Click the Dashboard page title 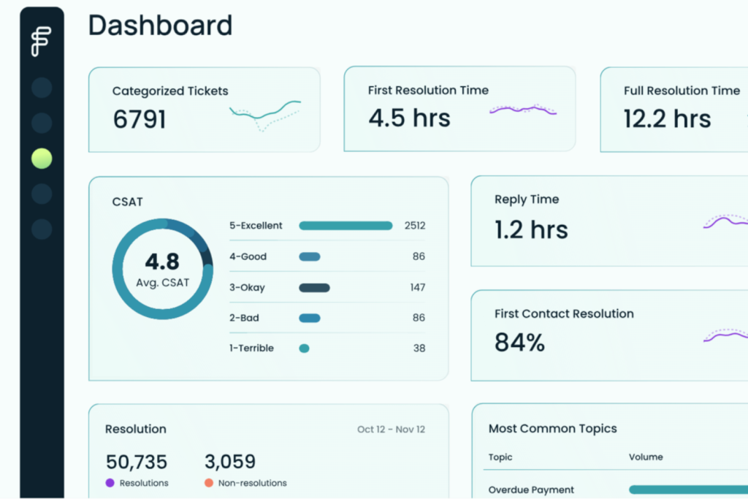(160, 26)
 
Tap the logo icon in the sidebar (42, 41)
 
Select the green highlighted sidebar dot (42, 158)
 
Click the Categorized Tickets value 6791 (140, 119)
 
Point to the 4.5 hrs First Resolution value (409, 118)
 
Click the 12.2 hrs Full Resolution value (667, 118)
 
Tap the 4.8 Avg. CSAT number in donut (162, 262)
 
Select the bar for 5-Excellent (346, 226)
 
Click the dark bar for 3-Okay (314, 288)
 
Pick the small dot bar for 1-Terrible (304, 348)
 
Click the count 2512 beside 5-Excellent (414, 226)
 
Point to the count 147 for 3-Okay (417, 288)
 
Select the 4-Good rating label (248, 257)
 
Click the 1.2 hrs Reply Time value (530, 230)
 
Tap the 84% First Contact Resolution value (519, 343)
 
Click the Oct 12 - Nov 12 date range (391, 430)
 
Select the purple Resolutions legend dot (110, 483)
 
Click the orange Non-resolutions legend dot (209, 483)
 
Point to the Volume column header (646, 457)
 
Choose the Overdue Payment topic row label (531, 490)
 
